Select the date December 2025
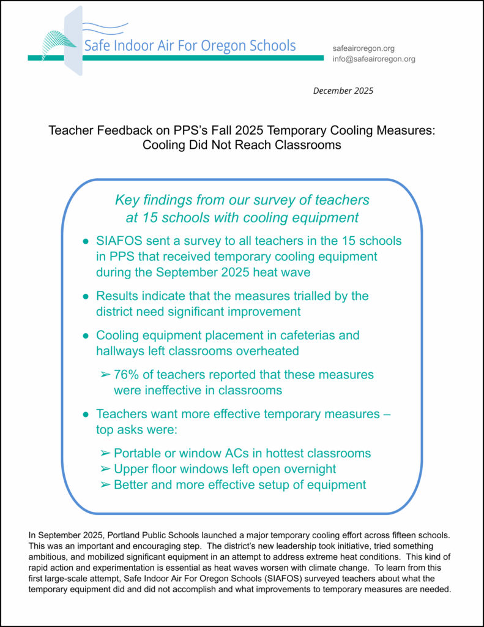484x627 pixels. tap(343, 91)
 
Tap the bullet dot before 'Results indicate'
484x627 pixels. tap(86, 296)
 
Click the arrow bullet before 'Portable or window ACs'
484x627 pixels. tap(104, 454)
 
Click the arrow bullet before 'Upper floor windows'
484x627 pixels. tap(104, 470)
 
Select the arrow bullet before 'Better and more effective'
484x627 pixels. tap(104, 485)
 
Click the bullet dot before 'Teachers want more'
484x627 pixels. tap(86, 415)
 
